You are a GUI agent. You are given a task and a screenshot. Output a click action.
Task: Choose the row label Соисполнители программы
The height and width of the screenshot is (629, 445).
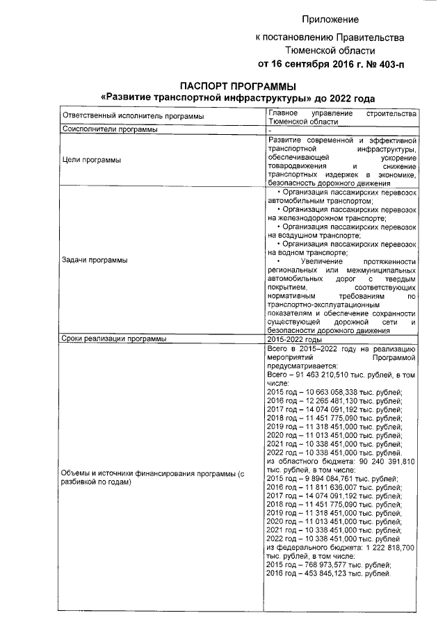coord(109,129)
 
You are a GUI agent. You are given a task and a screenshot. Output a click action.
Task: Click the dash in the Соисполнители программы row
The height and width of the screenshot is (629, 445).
coord(270,130)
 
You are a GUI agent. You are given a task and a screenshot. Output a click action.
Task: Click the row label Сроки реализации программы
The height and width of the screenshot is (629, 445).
coord(114,339)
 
